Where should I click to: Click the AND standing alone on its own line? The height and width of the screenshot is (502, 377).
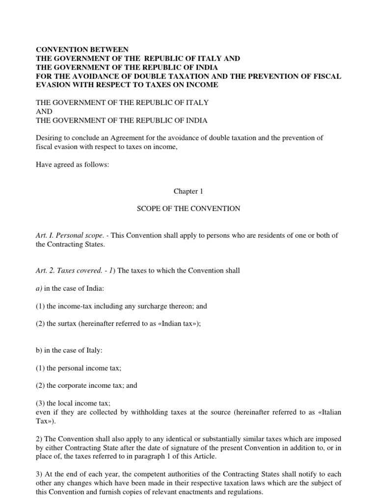44,111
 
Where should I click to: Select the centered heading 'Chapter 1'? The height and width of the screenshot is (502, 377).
188,191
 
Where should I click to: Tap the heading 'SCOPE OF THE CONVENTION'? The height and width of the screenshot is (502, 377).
188,208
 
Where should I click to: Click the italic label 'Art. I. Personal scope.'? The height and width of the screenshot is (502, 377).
71,235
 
